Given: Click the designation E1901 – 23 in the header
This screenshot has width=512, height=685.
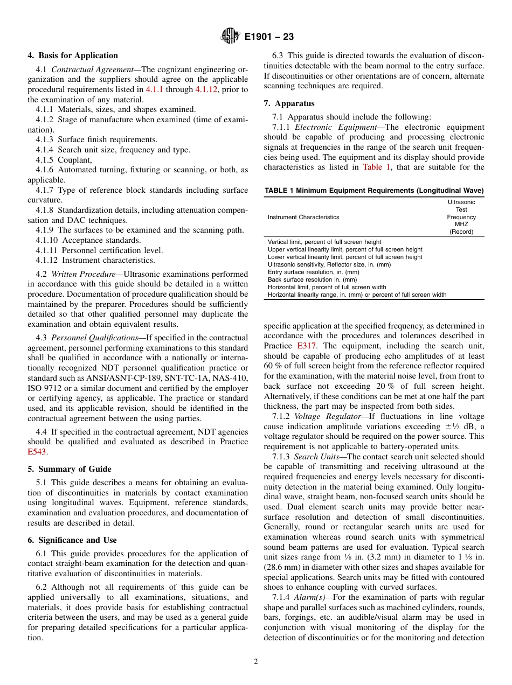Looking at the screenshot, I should point(269,37).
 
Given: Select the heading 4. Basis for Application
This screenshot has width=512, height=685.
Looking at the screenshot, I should point(73,55).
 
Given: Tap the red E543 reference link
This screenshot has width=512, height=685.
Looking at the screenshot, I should point(37,452).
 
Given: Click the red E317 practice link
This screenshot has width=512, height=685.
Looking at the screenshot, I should point(307,346).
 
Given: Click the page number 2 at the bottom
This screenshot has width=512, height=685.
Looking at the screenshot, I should point(256,662).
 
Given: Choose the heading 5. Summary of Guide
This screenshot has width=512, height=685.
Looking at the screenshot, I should point(70,469).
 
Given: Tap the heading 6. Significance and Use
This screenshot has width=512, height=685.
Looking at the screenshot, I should point(72,540).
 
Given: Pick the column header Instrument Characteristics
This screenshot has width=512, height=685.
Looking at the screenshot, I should point(303,217).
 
